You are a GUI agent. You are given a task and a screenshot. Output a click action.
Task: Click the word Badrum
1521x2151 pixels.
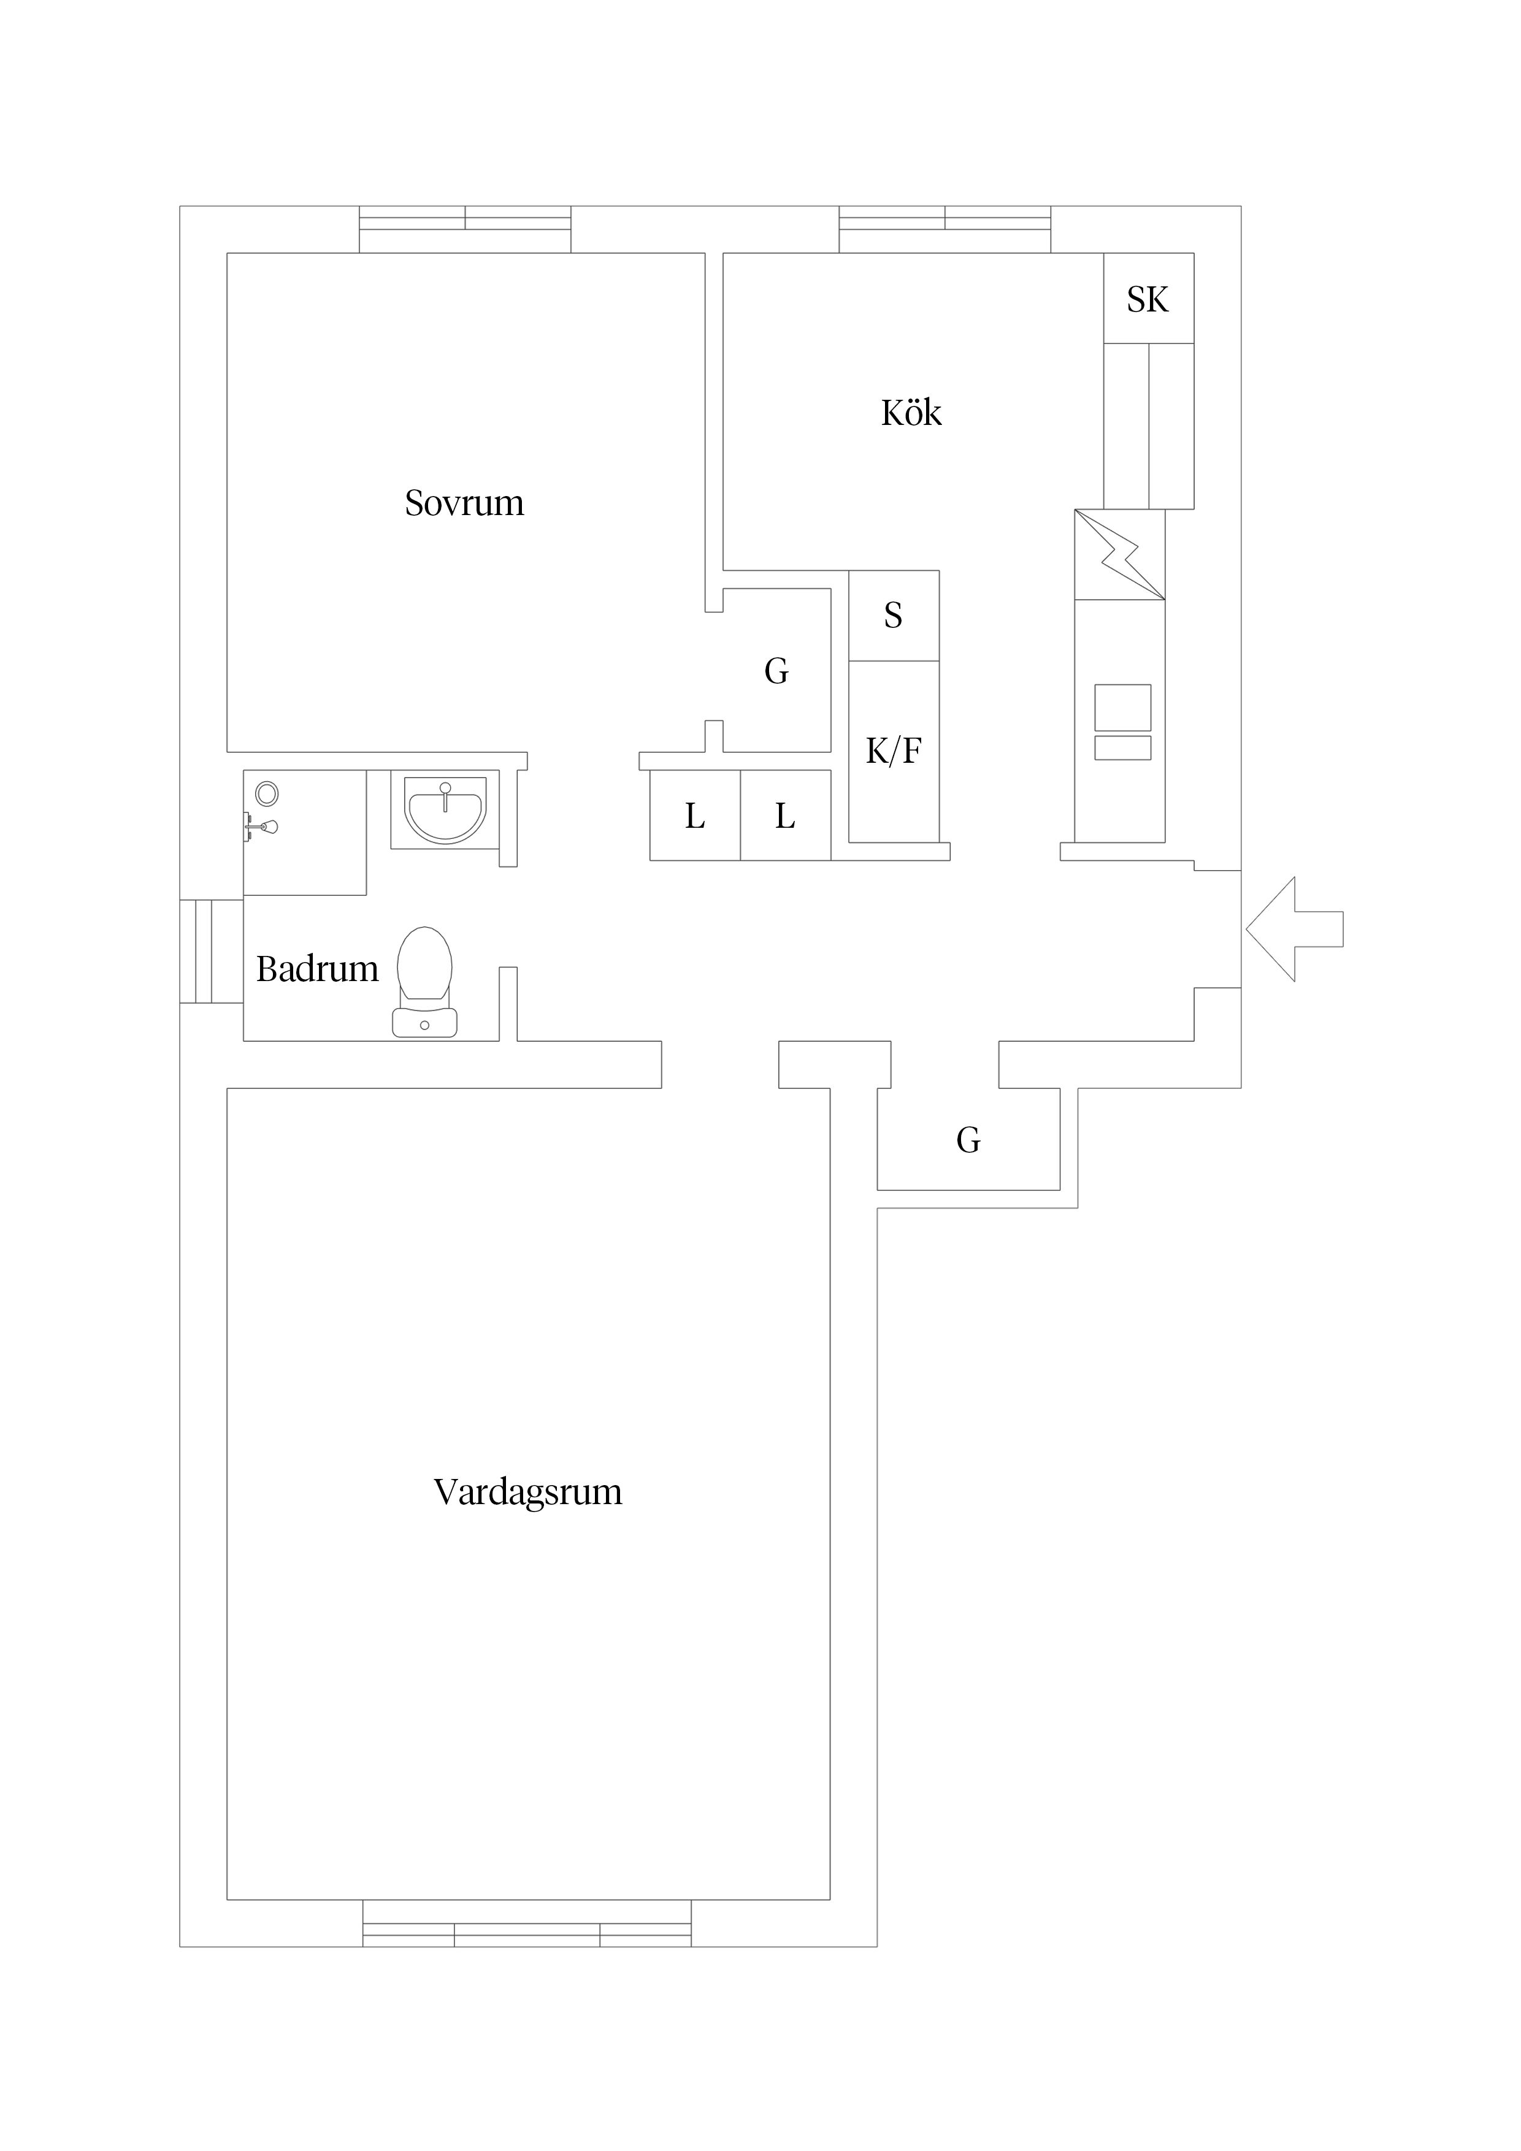coord(316,969)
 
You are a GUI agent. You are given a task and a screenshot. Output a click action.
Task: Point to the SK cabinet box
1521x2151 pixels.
coord(1148,299)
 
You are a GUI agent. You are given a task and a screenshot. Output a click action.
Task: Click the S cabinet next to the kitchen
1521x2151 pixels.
coord(893,616)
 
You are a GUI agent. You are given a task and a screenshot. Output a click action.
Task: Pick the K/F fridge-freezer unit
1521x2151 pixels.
coord(893,751)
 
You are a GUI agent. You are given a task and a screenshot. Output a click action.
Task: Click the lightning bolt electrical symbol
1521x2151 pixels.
coord(1120,555)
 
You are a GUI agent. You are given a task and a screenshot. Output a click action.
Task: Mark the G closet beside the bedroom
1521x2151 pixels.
coord(776,671)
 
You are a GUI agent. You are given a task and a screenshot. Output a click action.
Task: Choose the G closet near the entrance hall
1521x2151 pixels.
coord(968,1140)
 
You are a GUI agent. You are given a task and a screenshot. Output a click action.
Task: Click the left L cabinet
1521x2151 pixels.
coord(694,816)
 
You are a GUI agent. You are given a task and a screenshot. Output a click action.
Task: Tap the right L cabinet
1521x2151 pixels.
coord(785,816)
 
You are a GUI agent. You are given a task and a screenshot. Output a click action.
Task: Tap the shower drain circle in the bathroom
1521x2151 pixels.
coord(267,793)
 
